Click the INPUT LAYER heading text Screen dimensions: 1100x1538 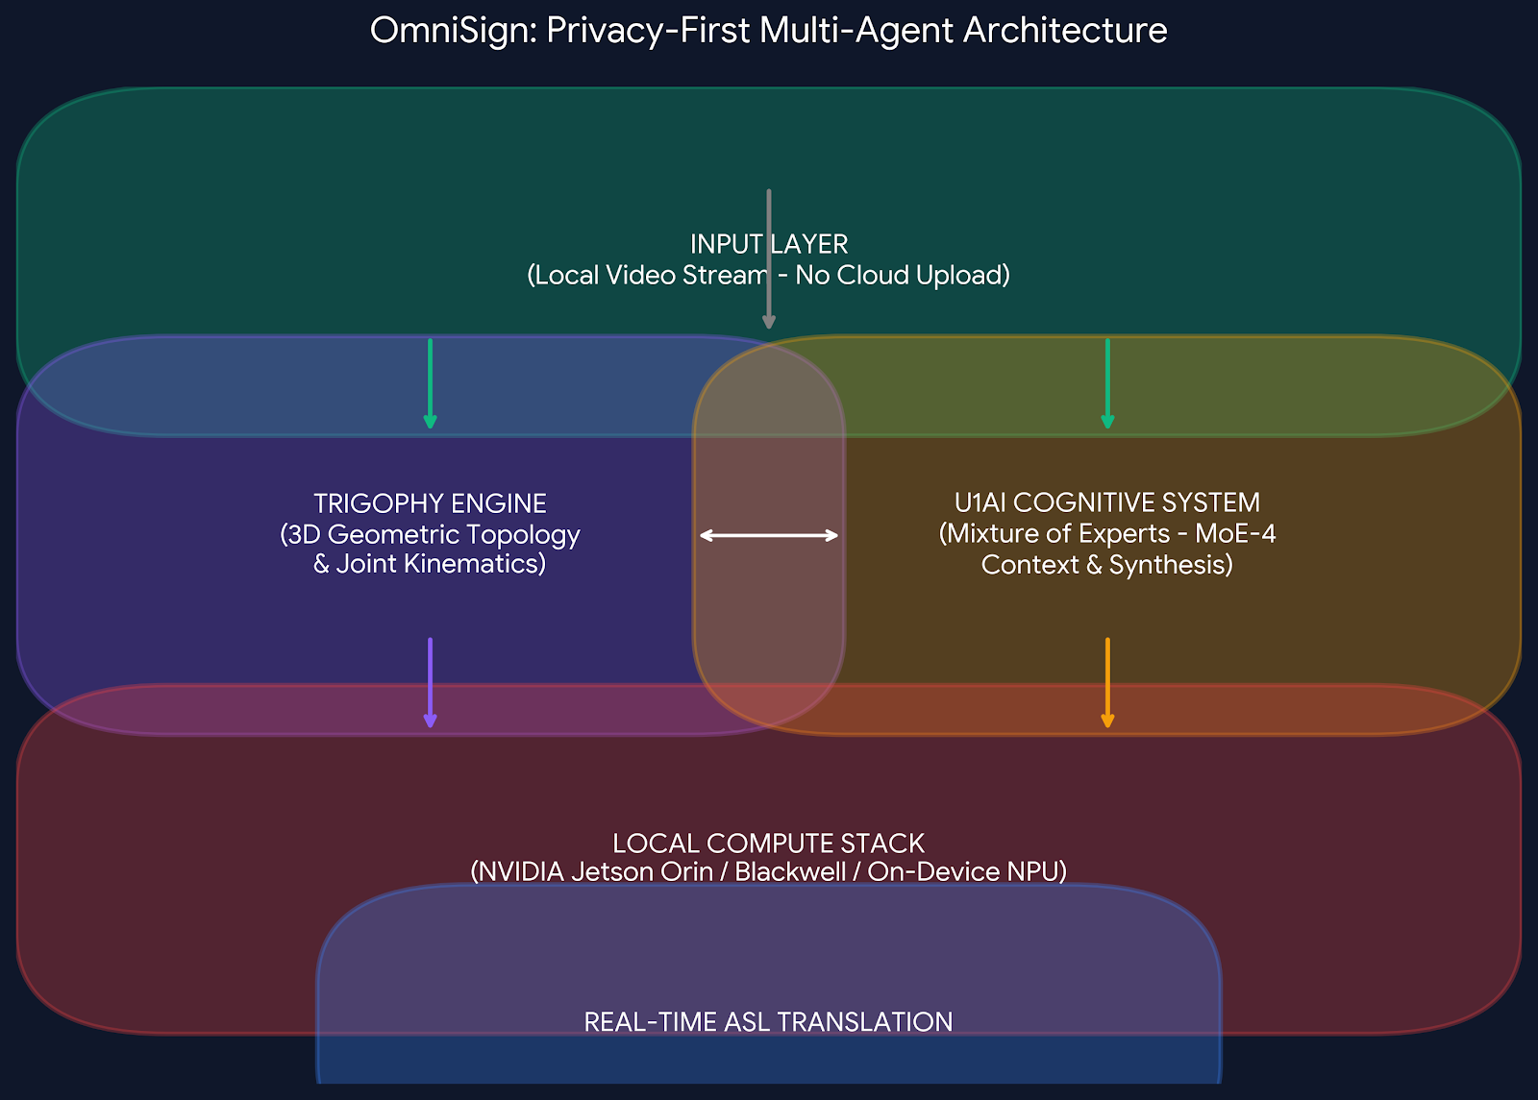[769, 244]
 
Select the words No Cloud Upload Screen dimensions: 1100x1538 [902, 276]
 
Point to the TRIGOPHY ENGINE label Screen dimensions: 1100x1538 [430, 503]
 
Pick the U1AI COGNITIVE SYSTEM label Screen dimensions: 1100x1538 [1106, 502]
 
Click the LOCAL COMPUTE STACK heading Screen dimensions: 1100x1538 [768, 843]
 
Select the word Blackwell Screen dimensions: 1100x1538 [789, 872]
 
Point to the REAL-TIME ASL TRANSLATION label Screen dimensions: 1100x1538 [768, 1021]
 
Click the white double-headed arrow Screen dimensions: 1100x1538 [769, 535]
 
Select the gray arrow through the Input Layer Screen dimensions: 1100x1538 [769, 259]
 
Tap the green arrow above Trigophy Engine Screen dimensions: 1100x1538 [430, 383]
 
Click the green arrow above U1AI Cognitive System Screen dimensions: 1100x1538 [1107, 383]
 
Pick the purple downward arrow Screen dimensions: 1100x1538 [430, 682]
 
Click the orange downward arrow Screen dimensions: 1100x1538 [1107, 682]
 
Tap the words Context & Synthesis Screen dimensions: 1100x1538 [1106, 565]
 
